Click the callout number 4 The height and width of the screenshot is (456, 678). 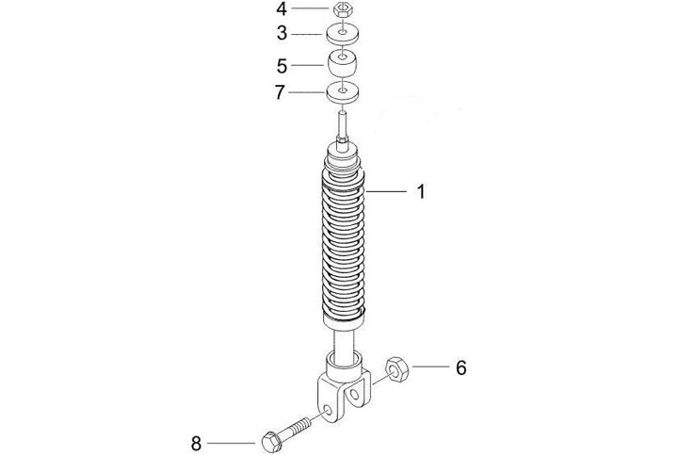(x=282, y=9)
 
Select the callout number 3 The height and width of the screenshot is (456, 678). (x=282, y=33)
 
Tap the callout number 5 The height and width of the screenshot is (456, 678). (x=282, y=66)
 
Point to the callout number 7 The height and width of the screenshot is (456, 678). (x=281, y=92)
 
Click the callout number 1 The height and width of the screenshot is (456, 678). (x=421, y=191)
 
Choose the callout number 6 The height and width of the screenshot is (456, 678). (x=461, y=367)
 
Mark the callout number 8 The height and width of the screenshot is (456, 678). (x=196, y=444)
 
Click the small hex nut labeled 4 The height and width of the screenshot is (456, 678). (x=344, y=9)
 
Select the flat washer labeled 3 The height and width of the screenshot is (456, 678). (x=343, y=35)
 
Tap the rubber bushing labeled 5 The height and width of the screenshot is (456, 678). (x=344, y=64)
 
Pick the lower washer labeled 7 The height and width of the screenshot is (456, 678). (x=343, y=93)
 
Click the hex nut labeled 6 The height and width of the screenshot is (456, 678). (x=396, y=369)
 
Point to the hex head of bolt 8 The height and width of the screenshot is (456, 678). (x=271, y=441)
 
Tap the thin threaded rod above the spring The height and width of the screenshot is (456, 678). (x=342, y=124)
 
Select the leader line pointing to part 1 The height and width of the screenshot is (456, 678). (x=386, y=191)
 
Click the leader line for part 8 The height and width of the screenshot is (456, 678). (x=232, y=443)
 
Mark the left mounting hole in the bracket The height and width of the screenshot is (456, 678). (x=329, y=410)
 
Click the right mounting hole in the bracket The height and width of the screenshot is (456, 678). (x=355, y=395)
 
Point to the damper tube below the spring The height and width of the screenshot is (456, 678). (x=344, y=342)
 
